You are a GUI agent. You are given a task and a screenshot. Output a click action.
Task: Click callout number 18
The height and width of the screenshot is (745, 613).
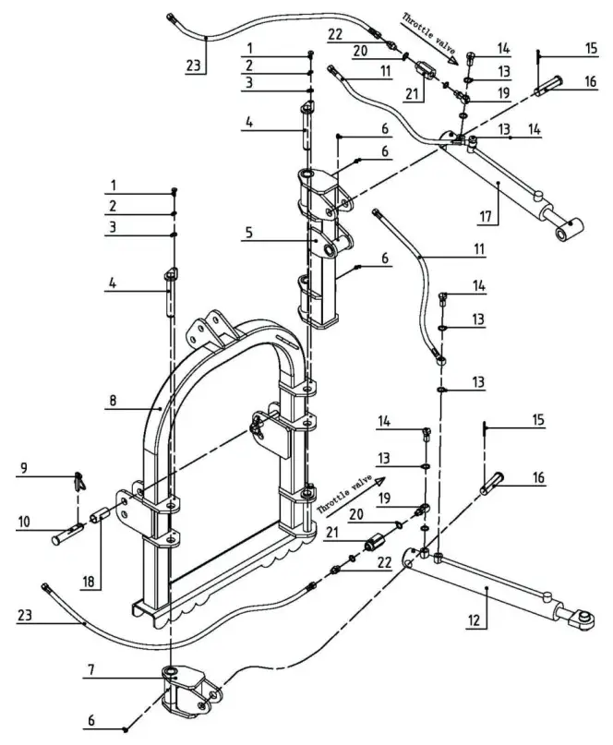coord(89,583)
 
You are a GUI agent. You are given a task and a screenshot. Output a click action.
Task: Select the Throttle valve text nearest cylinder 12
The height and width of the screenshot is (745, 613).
coord(344,495)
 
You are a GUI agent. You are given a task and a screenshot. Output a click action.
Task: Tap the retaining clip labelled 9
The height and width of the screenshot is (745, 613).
coord(80,480)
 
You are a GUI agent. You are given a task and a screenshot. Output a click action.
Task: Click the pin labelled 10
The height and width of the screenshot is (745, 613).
coord(72,533)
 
